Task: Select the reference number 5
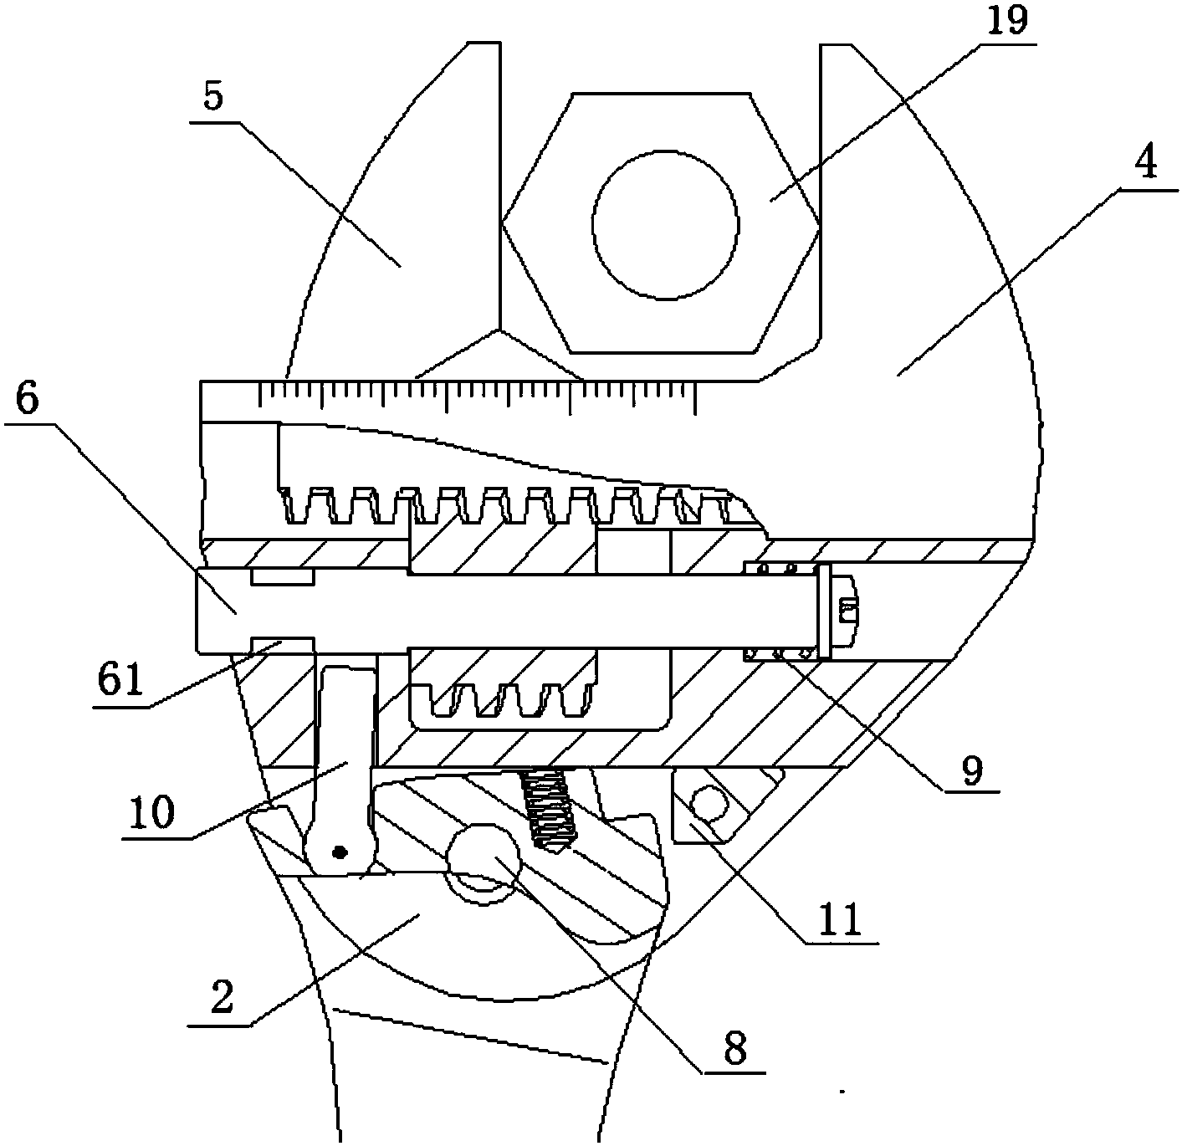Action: [x=213, y=97]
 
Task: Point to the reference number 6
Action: [x=28, y=399]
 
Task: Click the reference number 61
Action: [x=120, y=679]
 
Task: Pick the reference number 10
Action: [x=152, y=812]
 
